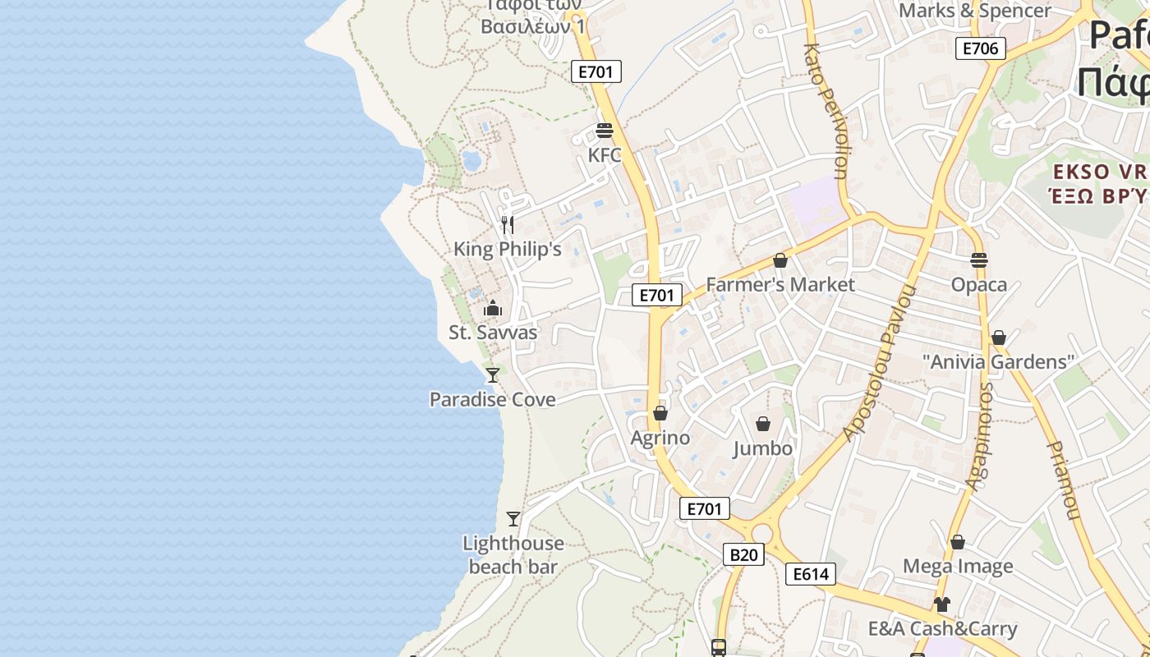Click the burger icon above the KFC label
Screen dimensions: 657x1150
(x=605, y=131)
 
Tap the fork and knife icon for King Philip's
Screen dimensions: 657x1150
(x=508, y=224)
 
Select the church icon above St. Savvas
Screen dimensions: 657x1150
(x=493, y=308)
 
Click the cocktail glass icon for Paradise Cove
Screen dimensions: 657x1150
(x=493, y=375)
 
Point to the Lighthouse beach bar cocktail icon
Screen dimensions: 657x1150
(x=513, y=519)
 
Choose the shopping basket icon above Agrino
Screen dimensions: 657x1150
(x=660, y=413)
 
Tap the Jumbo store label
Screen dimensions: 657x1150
(x=762, y=448)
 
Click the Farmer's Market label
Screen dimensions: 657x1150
(x=780, y=285)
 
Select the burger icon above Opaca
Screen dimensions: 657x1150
(x=978, y=260)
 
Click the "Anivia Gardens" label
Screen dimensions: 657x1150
(x=998, y=362)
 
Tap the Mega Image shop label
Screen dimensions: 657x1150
(x=958, y=566)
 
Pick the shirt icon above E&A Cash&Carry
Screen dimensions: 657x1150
(x=941, y=604)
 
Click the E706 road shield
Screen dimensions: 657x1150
(x=980, y=48)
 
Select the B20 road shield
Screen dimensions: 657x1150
(x=743, y=555)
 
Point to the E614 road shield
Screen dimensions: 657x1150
(x=811, y=574)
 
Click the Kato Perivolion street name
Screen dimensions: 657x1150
(x=829, y=111)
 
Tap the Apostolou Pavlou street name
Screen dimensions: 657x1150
(x=881, y=363)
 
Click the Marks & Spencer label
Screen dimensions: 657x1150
(x=974, y=11)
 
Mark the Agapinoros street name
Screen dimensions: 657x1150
(x=979, y=436)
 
